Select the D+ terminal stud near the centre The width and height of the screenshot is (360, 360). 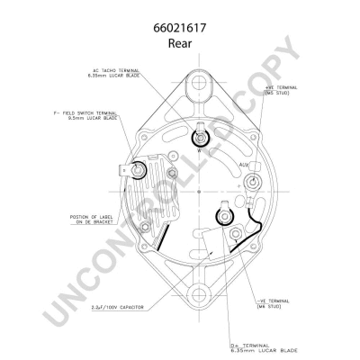tap(220, 215)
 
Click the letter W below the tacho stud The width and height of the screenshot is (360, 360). tap(198, 150)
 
